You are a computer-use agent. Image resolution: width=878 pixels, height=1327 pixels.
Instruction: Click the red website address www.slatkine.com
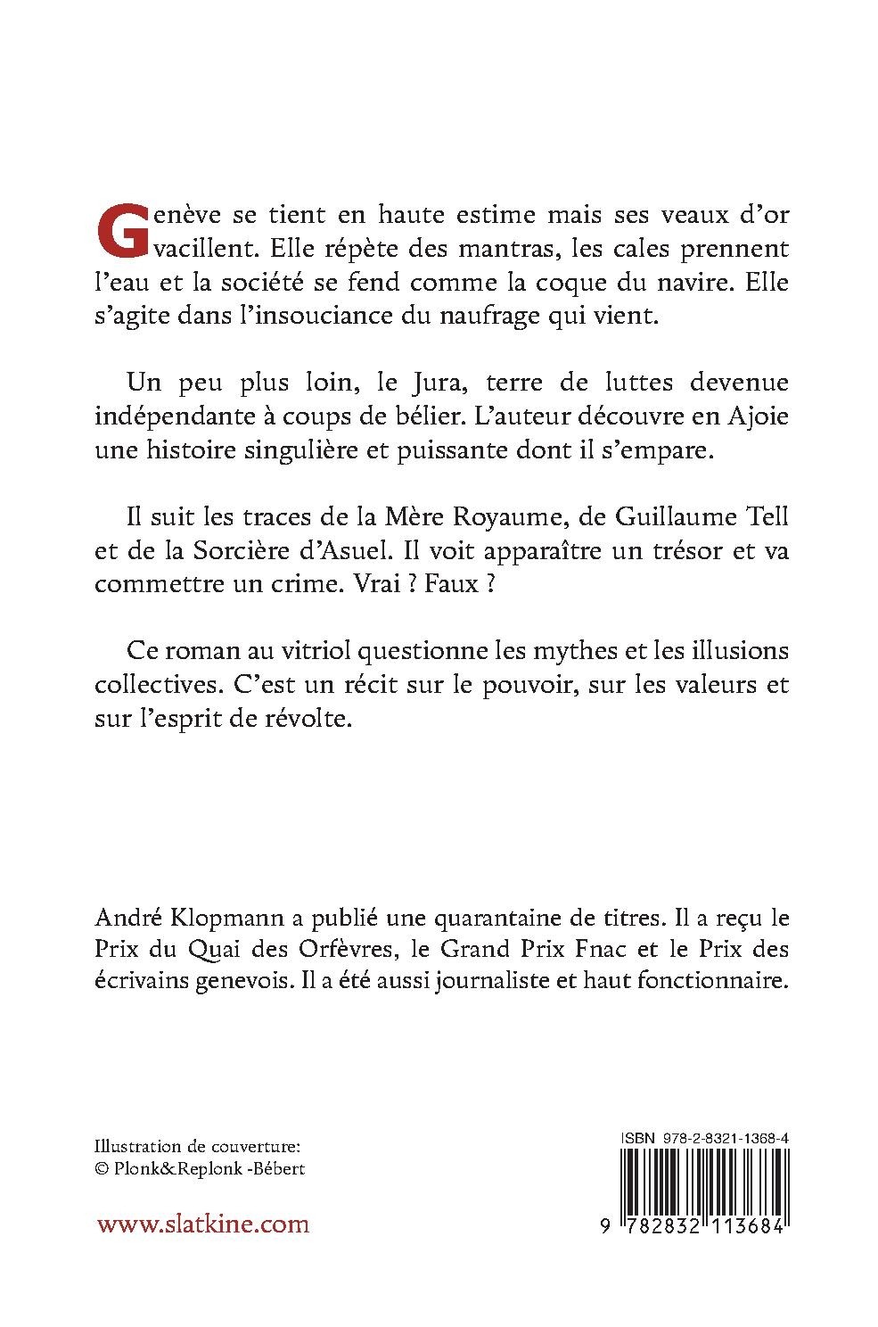pyautogui.click(x=203, y=1223)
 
